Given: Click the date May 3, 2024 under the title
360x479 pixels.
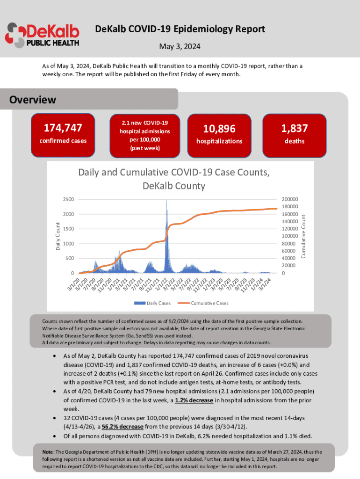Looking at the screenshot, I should tap(180, 47).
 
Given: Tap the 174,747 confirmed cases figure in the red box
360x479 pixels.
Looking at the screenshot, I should tap(63, 128).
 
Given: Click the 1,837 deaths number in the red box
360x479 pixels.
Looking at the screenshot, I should tap(295, 128).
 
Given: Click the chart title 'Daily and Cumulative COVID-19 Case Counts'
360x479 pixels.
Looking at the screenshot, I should tap(173, 179).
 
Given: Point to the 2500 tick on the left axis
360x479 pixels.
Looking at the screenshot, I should tap(68, 199).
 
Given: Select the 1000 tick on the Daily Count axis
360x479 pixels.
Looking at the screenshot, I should tap(68, 244).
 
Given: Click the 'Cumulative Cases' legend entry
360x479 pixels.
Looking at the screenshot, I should tap(209, 303).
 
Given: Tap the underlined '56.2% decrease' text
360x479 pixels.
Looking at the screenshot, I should tap(109, 426).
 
